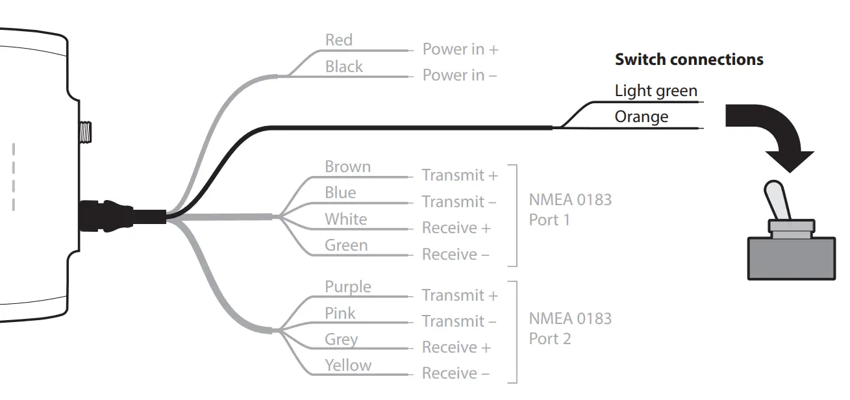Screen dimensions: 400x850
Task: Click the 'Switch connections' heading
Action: pyautogui.click(x=688, y=60)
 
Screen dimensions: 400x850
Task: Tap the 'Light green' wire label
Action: pyautogui.click(x=656, y=91)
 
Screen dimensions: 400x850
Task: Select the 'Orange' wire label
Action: pyautogui.click(x=641, y=117)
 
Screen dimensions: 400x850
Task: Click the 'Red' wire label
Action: pyautogui.click(x=338, y=40)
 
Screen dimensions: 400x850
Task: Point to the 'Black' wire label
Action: pyautogui.click(x=344, y=67)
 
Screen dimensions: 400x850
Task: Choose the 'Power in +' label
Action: pyautogui.click(x=460, y=49)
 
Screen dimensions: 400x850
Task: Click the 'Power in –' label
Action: pyautogui.click(x=459, y=75)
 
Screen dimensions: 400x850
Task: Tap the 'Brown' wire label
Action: pyautogui.click(x=347, y=167)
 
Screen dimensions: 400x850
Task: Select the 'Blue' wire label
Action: pyautogui.click(x=340, y=193)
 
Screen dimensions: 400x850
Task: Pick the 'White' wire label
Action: pyautogui.click(x=345, y=219)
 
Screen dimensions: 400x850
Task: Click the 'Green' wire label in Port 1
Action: pyautogui.click(x=346, y=245)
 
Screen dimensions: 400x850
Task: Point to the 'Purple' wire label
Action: pyautogui.click(x=347, y=287)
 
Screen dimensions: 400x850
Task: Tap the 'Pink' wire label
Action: pyautogui.click(x=340, y=314)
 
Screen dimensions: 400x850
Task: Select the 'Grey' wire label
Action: pyautogui.click(x=341, y=340)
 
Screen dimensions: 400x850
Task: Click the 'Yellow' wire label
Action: pyautogui.click(x=348, y=366)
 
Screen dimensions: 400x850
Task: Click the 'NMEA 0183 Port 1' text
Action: pyautogui.click(x=569, y=209)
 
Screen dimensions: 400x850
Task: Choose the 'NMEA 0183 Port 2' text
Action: pyautogui.click(x=569, y=329)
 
